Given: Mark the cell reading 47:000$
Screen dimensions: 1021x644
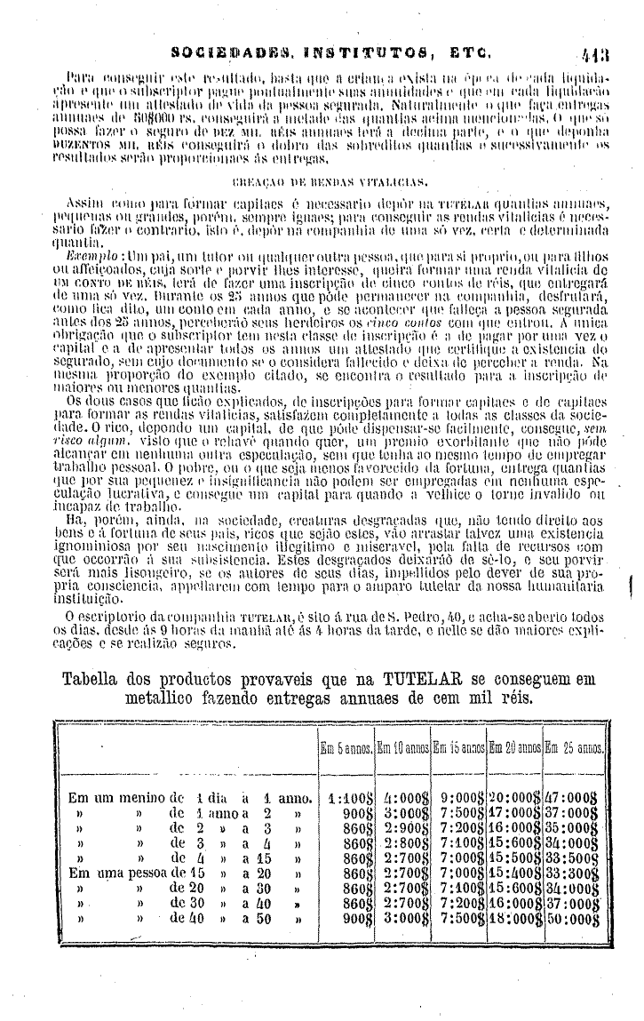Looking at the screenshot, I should tap(576, 797).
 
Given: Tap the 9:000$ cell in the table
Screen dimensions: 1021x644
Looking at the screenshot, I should tap(460, 797).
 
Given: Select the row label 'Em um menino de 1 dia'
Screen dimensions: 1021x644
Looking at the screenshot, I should tap(151, 797).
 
